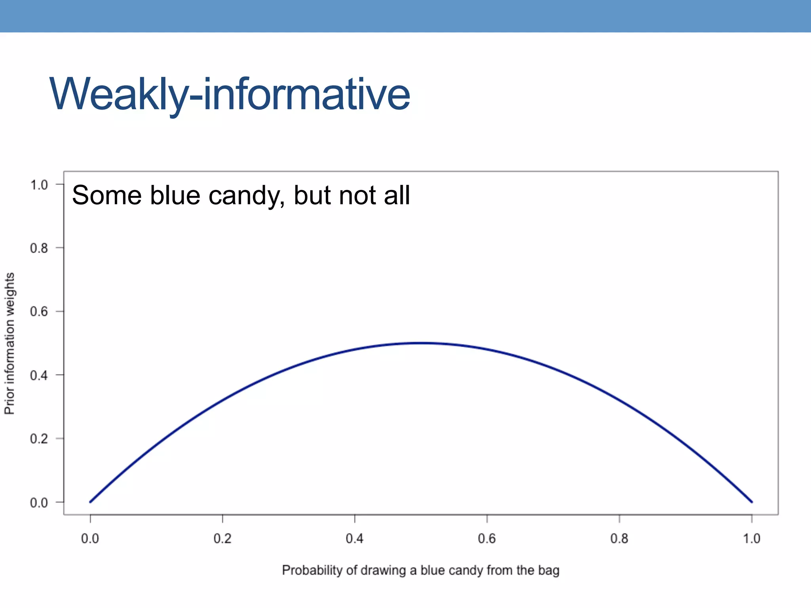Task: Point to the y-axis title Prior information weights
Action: coord(10,343)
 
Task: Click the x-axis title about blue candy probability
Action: coord(421,570)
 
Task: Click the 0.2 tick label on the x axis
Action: coord(222,538)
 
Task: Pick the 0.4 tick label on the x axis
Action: coord(354,538)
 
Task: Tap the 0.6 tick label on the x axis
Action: coord(487,538)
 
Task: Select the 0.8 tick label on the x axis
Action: coord(619,538)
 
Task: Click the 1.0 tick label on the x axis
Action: coord(751,538)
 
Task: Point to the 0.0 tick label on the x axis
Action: coord(90,538)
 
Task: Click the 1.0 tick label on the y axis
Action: coord(39,184)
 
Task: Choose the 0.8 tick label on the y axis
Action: coord(39,248)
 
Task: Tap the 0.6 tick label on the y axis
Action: coord(39,312)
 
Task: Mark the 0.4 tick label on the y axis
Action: coord(39,375)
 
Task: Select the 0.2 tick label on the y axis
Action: coord(39,439)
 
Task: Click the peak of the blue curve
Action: coord(421,343)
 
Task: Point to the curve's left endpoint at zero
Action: coord(91,502)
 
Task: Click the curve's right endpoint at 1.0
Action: coord(752,502)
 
